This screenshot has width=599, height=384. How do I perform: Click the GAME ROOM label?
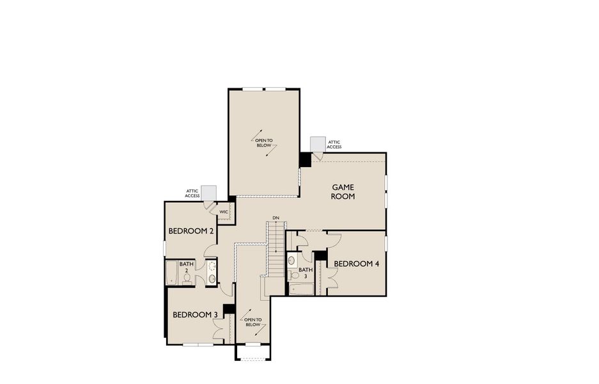tap(343, 192)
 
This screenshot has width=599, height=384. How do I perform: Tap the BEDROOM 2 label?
tap(191, 231)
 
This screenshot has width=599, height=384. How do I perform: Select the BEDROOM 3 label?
tap(196, 315)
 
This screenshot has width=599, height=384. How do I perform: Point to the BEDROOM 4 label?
tap(357, 264)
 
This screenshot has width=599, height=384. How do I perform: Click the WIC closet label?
tap(224, 212)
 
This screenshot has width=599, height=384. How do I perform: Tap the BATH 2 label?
tap(186, 267)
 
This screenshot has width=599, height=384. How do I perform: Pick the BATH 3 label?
tap(306, 273)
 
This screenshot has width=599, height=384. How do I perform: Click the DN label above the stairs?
tap(276, 218)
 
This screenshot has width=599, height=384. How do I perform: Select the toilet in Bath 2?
tap(187, 278)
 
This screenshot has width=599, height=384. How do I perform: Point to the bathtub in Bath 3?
tap(301, 289)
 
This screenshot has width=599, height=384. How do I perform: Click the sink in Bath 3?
tap(292, 260)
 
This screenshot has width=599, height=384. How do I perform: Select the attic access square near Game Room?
tap(316, 144)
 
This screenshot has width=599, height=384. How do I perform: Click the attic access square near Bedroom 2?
tap(208, 193)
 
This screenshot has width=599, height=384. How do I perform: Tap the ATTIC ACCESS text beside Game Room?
tap(334, 145)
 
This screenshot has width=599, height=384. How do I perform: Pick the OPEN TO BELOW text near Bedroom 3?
tap(253, 322)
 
